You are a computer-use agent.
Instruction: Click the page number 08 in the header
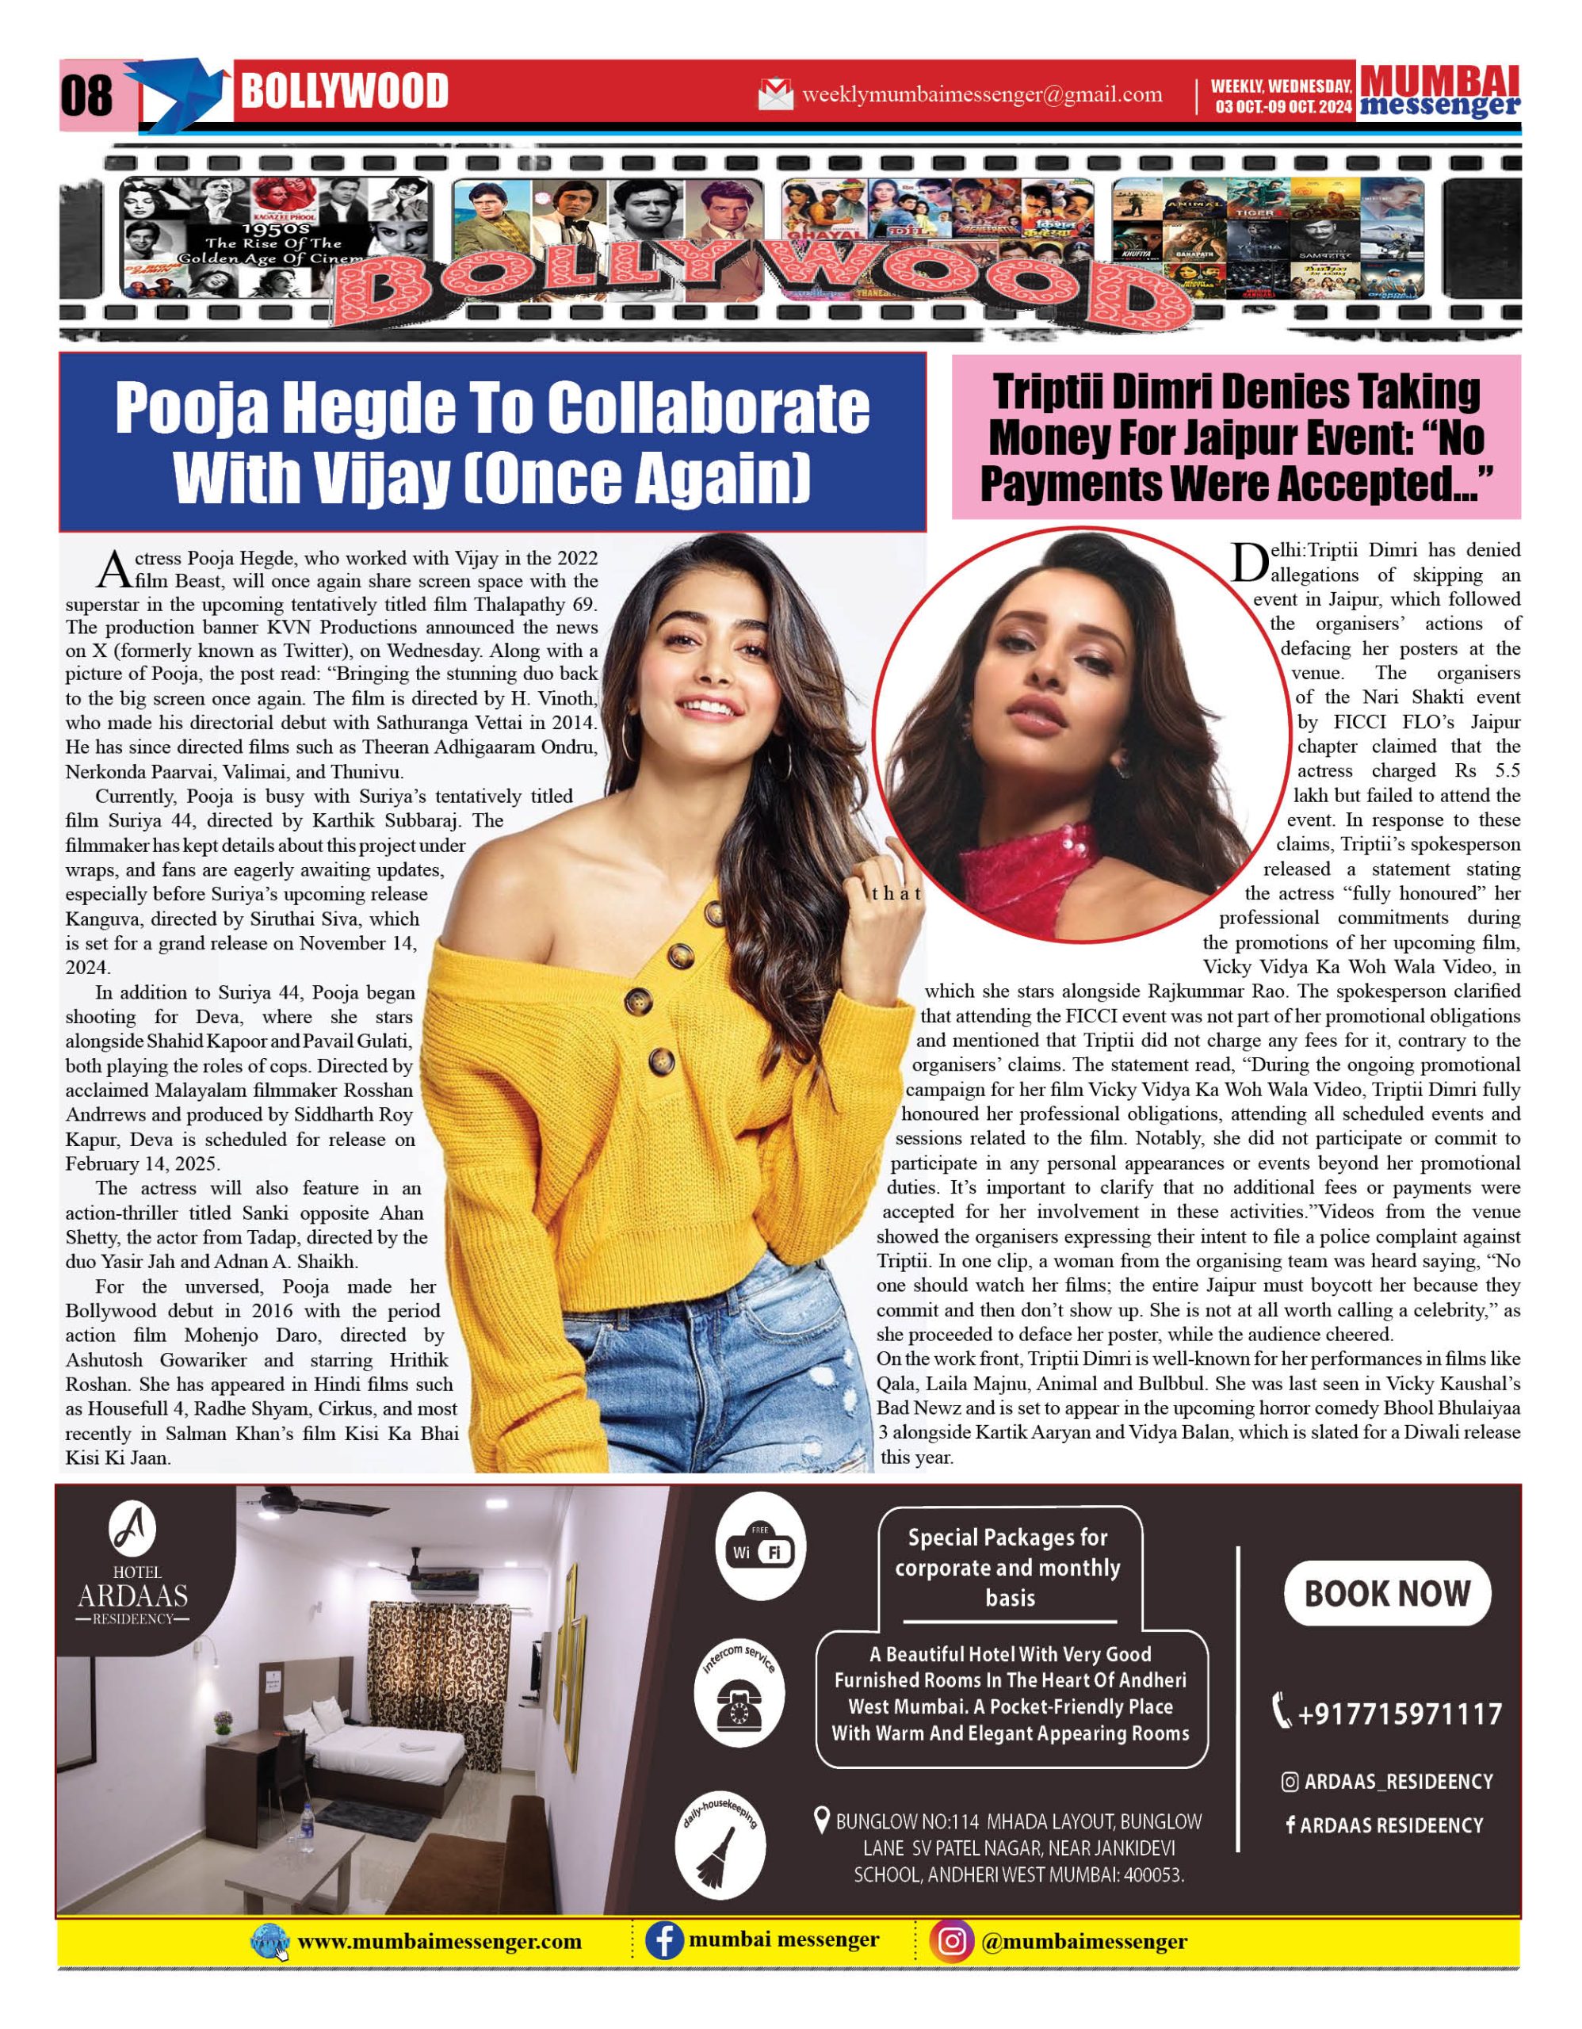tap(86, 96)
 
